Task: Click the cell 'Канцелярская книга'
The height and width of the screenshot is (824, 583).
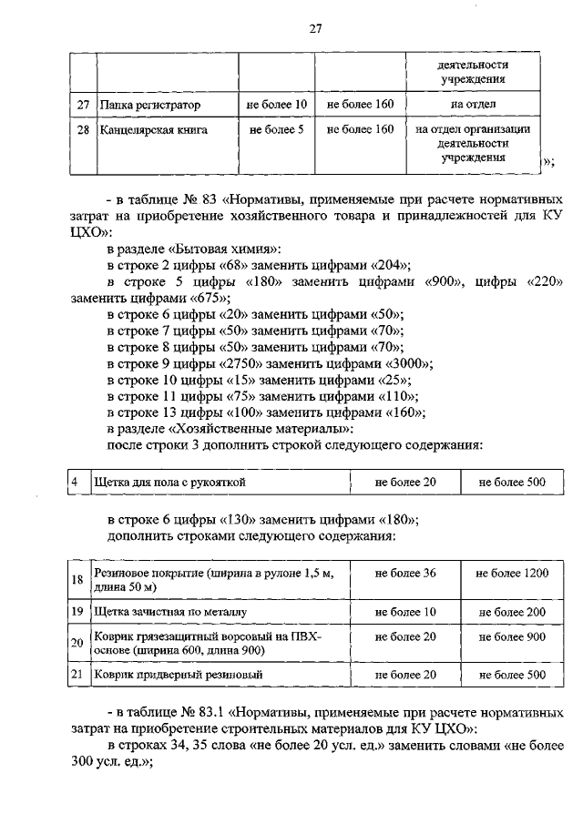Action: click(x=154, y=130)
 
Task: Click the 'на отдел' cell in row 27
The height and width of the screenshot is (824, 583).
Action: click(x=472, y=106)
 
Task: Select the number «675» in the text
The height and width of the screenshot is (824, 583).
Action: click(x=210, y=299)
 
